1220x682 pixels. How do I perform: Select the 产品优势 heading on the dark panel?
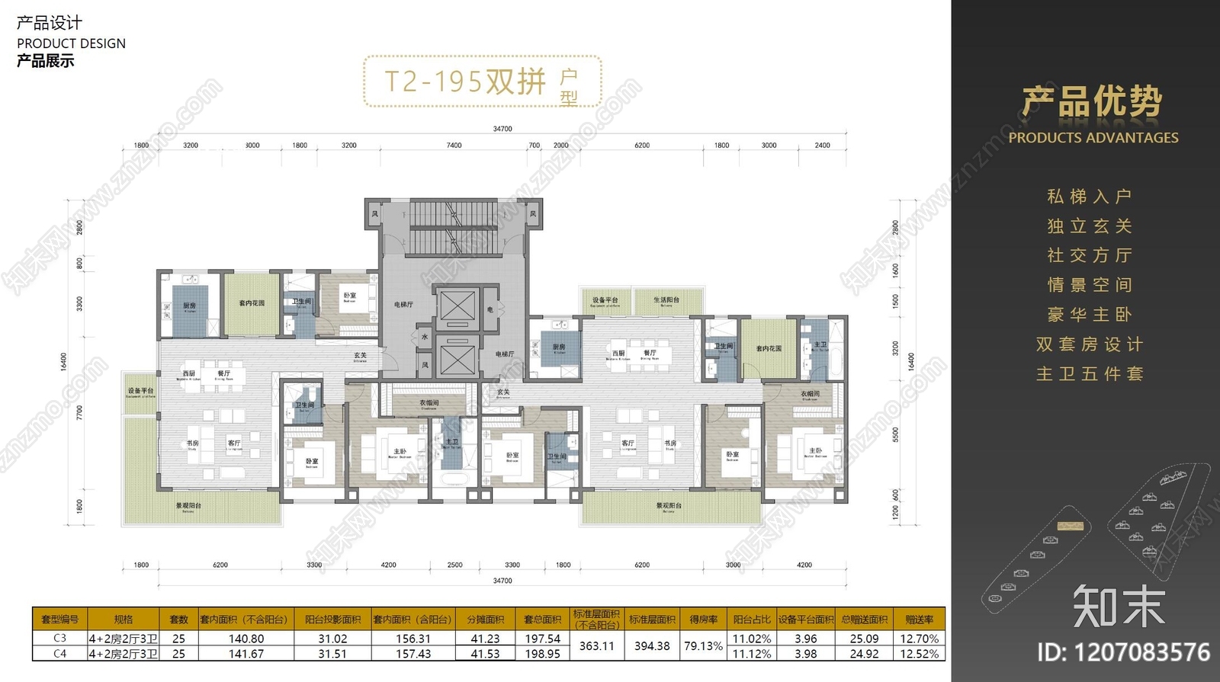[1092, 102]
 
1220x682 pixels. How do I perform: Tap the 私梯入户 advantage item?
[1089, 197]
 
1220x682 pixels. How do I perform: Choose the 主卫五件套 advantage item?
[1089, 374]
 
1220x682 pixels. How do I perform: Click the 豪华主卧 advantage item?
[1089, 315]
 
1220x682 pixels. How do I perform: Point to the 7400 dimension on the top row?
[454, 145]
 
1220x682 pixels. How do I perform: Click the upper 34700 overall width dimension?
[502, 129]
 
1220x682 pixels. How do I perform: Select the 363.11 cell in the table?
[596, 646]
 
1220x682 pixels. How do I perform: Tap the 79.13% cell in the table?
[702, 646]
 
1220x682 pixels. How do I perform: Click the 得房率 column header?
[702, 620]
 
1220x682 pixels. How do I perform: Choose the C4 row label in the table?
[59, 654]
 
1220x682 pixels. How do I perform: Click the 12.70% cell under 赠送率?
[919, 639]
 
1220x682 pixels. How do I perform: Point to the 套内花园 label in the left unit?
[252, 303]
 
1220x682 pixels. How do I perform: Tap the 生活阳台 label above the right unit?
[666, 300]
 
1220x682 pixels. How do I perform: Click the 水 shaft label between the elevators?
[425, 336]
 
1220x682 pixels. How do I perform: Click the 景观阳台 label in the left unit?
[188, 505]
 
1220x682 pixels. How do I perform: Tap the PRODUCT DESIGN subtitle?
[71, 43]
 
